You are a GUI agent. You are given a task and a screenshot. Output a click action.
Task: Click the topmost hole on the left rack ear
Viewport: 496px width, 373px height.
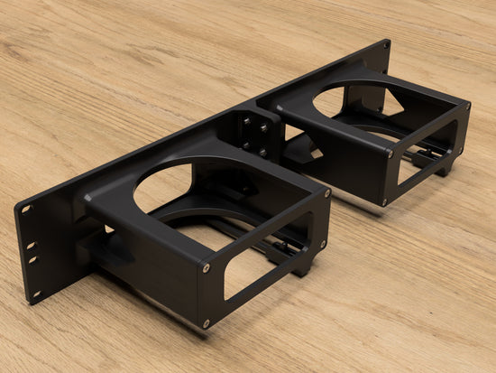click(x=25, y=210)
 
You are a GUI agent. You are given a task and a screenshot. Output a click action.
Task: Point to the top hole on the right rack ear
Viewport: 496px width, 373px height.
click(x=385, y=45)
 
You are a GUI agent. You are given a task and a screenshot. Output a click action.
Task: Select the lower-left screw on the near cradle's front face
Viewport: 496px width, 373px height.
click(x=207, y=322)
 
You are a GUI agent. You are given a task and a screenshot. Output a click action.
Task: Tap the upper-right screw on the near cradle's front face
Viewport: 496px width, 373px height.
click(x=327, y=192)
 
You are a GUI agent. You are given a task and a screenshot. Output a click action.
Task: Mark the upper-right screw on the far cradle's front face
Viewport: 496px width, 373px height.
click(x=468, y=105)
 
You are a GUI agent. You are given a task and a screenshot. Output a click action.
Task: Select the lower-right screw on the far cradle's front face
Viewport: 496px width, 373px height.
click(x=461, y=148)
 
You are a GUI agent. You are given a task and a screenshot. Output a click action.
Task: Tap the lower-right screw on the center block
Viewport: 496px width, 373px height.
click(x=263, y=152)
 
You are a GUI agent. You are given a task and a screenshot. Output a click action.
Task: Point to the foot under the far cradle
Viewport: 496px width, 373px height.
click(x=444, y=166)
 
